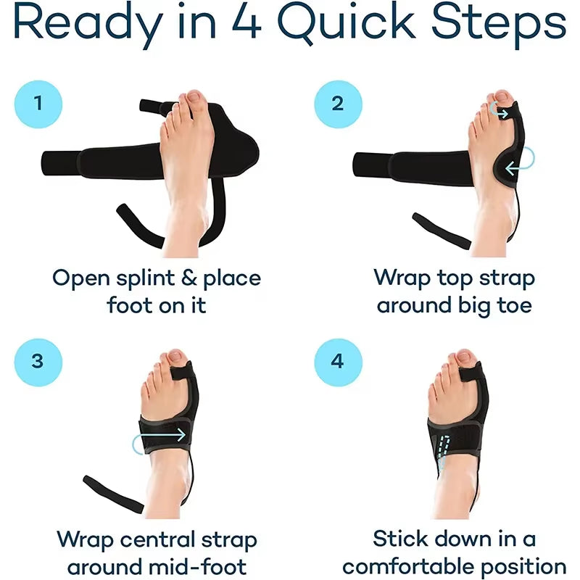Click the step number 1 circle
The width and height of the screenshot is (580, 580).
38,103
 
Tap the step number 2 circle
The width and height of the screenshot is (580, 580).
338,103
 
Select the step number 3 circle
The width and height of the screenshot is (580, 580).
38,361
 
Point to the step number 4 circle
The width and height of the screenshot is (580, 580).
338,361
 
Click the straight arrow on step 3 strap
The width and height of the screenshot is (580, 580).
160,437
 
